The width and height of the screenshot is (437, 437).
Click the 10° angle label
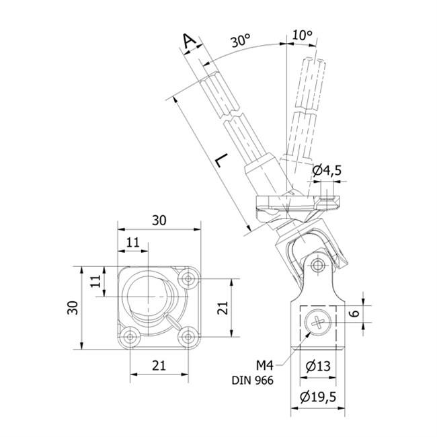pyautogui.click(x=303, y=35)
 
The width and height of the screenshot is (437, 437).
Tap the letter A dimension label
pyautogui.click(x=190, y=41)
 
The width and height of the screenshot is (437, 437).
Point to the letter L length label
pyautogui.click(x=222, y=160)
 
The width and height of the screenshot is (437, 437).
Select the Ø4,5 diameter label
pyautogui.click(x=327, y=171)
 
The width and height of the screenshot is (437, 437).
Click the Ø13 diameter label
pyautogui.click(x=318, y=366)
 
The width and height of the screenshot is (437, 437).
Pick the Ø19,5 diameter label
pyautogui.click(x=318, y=397)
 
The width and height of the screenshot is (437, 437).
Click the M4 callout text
pyautogui.click(x=265, y=365)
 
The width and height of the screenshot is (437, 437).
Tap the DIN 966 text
pyautogui.click(x=253, y=381)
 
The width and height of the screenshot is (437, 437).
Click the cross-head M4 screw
pyautogui.click(x=318, y=323)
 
